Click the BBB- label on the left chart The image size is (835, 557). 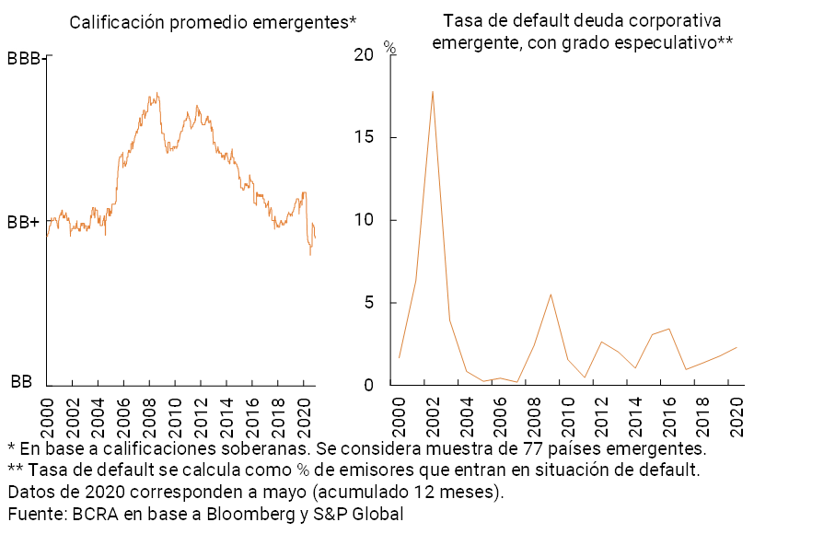coord(24,58)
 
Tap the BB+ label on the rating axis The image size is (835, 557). coord(23,222)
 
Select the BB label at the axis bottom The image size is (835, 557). coord(21,381)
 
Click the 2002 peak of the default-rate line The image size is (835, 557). coord(432,91)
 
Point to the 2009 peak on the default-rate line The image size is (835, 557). coord(550,295)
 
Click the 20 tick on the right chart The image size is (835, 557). coord(364,55)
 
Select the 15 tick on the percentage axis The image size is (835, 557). coord(364,137)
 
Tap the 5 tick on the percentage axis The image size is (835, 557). coord(368,303)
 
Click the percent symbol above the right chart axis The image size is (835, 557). coord(389,48)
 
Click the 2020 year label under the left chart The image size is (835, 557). coord(305,412)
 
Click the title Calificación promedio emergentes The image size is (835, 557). coord(213,22)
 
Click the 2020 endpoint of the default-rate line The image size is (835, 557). coord(736,347)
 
